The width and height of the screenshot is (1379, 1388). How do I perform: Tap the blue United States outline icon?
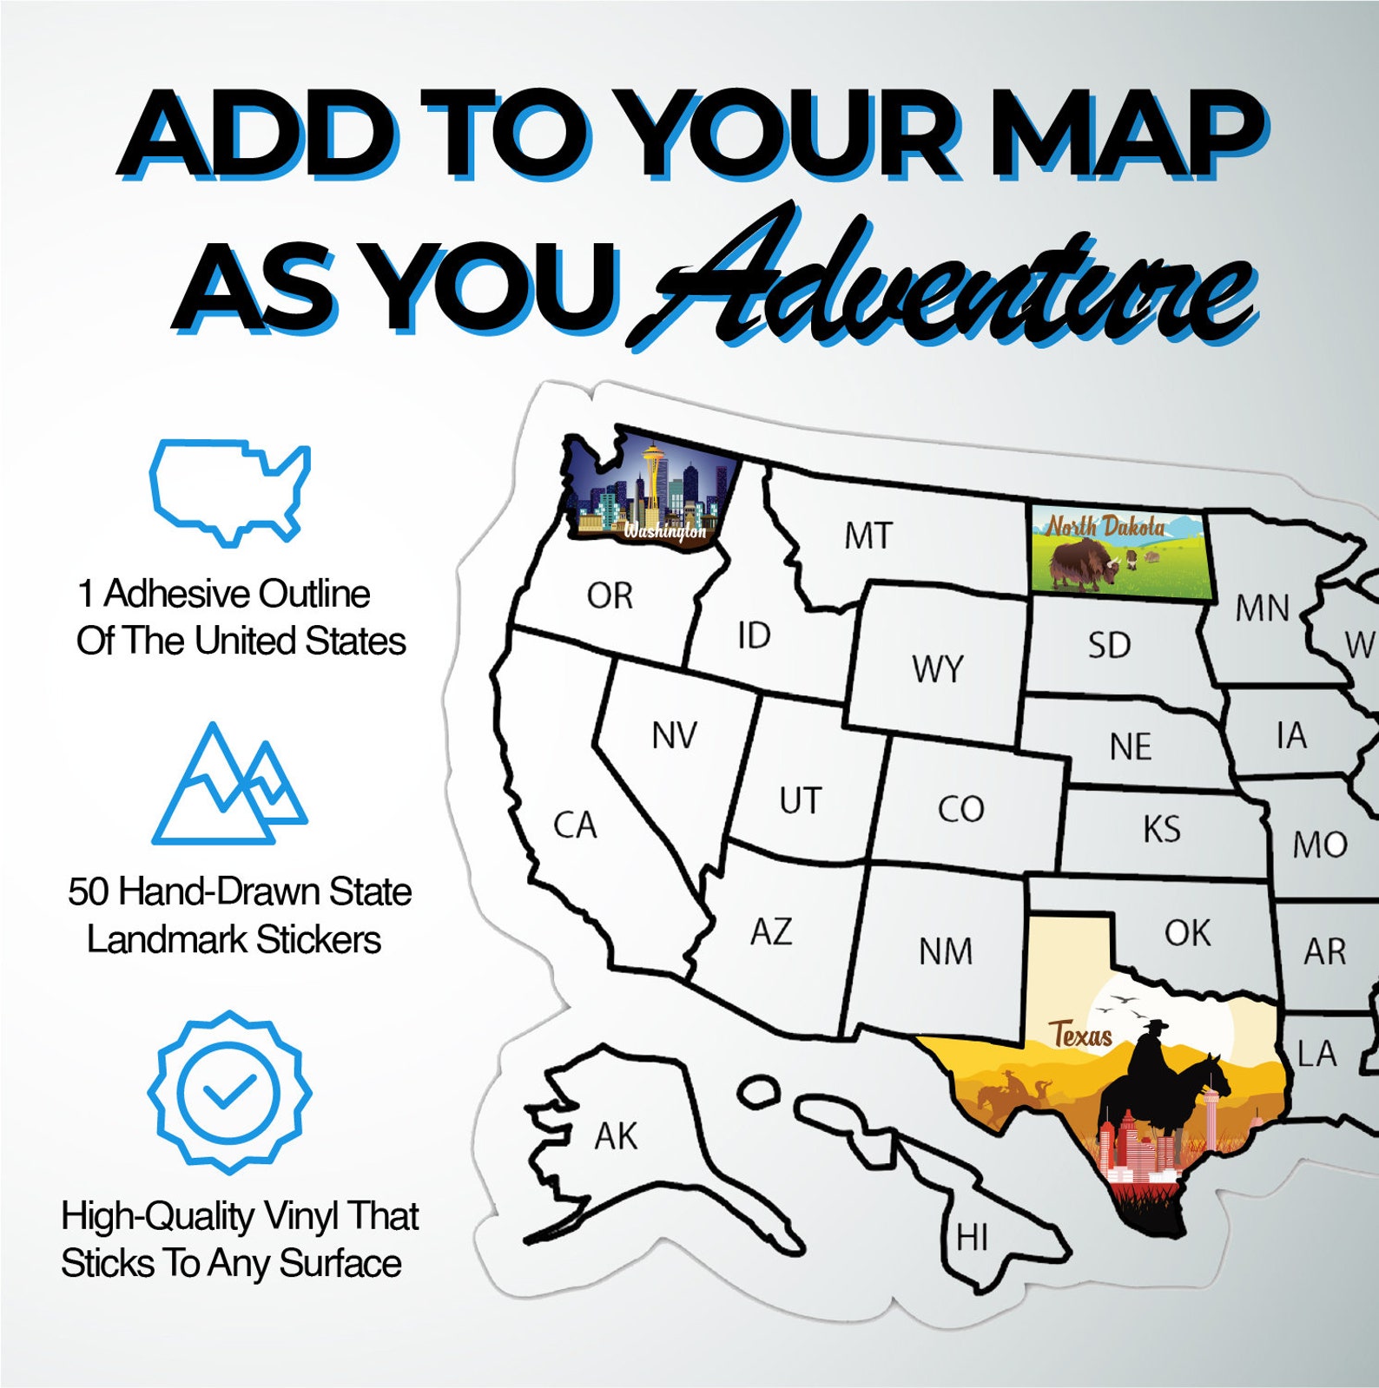click(229, 491)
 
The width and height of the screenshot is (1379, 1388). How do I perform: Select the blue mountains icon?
click(229, 786)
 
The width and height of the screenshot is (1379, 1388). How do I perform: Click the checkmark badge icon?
click(229, 1091)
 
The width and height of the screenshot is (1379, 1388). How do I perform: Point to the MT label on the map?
click(868, 536)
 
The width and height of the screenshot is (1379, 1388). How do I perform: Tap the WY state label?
click(937, 669)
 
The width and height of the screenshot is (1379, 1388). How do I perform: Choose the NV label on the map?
click(674, 736)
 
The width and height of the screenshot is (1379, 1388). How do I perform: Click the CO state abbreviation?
click(960, 809)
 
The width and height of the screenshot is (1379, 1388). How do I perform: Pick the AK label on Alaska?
click(616, 1135)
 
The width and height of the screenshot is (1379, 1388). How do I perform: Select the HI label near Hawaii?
click(972, 1237)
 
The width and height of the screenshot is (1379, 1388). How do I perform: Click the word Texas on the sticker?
click(1080, 1035)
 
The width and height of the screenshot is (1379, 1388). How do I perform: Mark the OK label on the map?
click(1187, 933)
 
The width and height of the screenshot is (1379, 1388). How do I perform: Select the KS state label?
click(1161, 829)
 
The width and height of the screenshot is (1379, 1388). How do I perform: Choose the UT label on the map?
click(800, 800)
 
